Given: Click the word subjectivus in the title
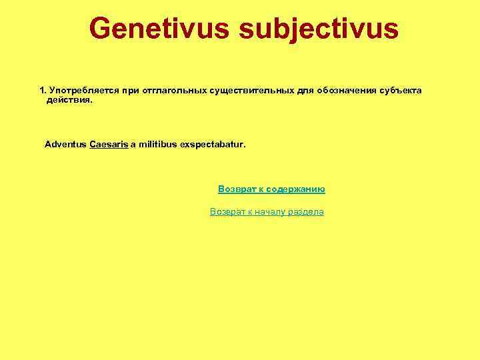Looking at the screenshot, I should tap(319, 29).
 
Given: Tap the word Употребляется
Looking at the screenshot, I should tap(82, 90).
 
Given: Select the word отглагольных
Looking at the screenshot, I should tap(172, 90).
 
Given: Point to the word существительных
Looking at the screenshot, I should tap(249, 90).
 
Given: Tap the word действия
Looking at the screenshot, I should tap(69, 99).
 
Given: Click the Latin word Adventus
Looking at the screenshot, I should tap(65, 144).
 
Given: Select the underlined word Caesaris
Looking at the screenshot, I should tap(109, 144).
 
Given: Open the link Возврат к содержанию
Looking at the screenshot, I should tap(271, 189).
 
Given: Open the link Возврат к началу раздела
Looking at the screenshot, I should tap(267, 212).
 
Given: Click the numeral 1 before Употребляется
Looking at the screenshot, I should tap(43, 90).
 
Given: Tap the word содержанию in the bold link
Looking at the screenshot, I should tap(298, 189).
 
